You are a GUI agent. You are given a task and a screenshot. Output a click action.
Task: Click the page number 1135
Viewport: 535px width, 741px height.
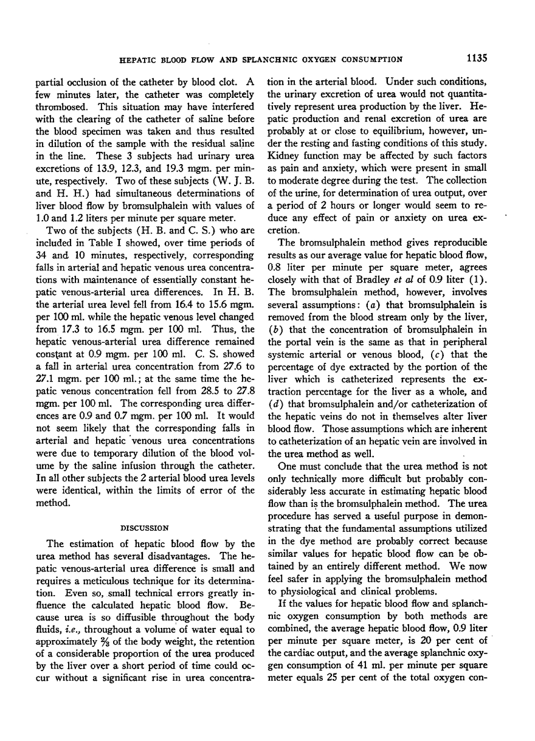tap(478, 59)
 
